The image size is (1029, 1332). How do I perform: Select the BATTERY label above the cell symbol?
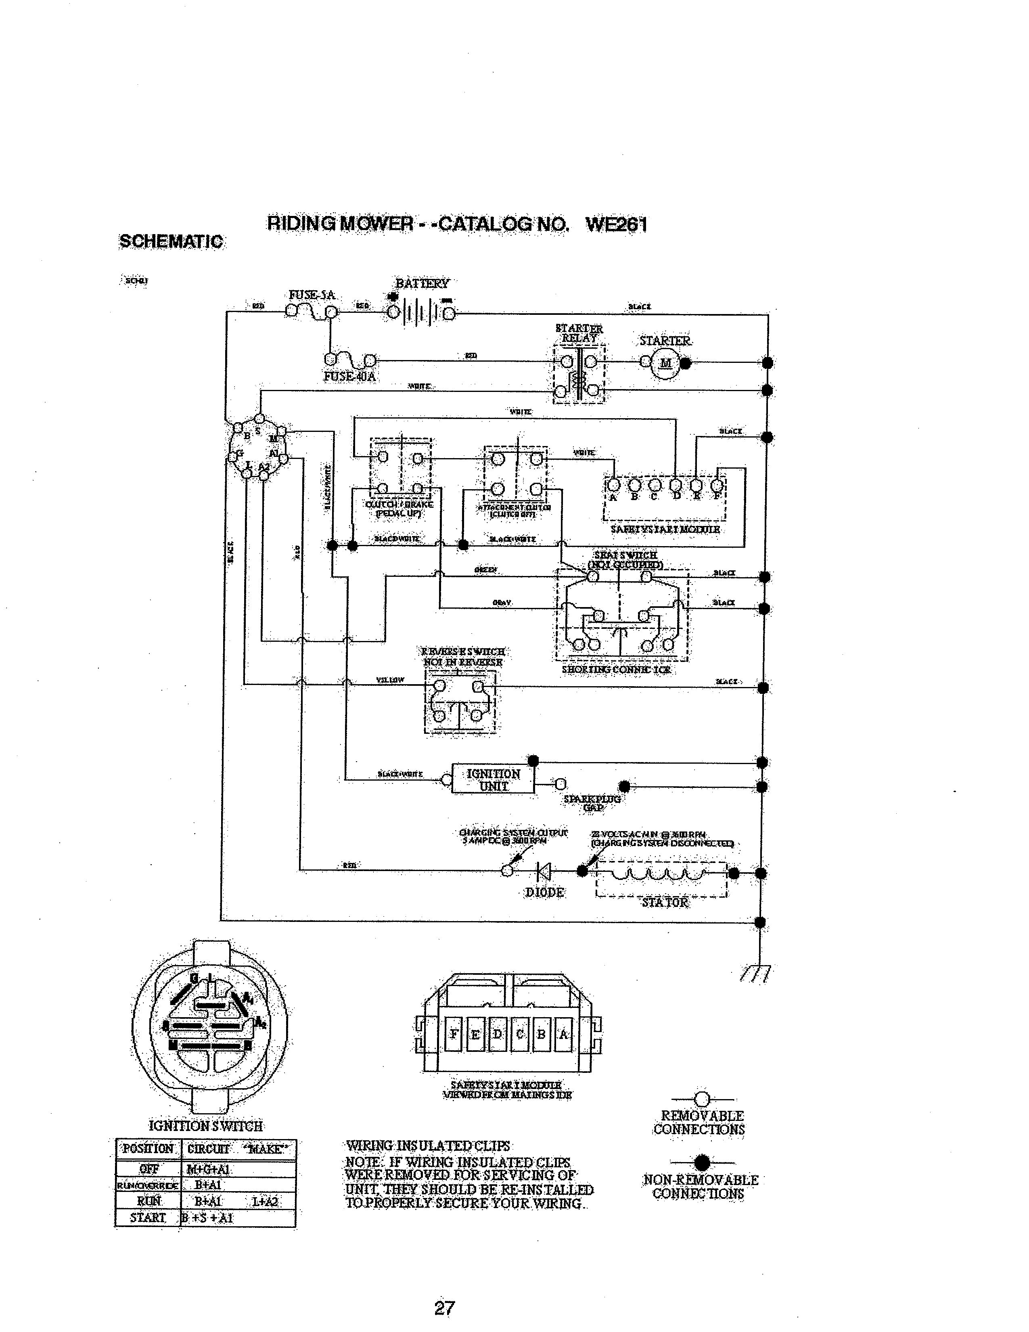(422, 284)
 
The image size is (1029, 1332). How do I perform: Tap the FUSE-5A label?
(312, 295)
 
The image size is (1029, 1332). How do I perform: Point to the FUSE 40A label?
(349, 376)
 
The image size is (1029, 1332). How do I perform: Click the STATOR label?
(665, 902)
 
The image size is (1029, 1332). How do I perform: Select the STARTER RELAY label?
(579, 333)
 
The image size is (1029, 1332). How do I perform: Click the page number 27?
(444, 1308)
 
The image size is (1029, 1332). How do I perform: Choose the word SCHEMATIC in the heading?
(171, 241)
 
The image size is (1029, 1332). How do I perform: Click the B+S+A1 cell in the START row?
(207, 1218)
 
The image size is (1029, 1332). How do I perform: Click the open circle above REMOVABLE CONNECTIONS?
(702, 1099)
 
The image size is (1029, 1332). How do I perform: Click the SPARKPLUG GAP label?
(592, 802)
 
